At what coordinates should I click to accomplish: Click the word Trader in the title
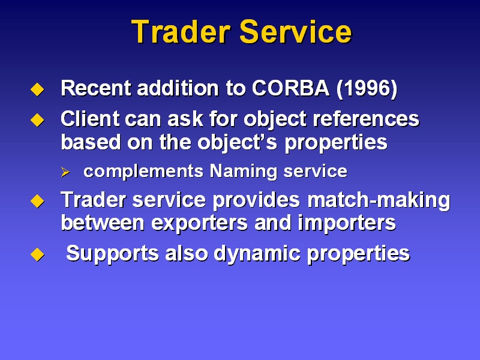tap(181, 32)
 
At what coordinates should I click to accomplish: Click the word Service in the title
tap(296, 32)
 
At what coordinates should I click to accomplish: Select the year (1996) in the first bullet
tap(367, 89)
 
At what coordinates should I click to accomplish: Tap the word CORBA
tap(291, 88)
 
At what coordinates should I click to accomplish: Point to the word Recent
tap(96, 88)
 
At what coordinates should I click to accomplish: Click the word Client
tap(89, 118)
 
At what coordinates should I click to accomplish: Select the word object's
tap(237, 143)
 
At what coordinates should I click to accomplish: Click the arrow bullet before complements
tap(65, 172)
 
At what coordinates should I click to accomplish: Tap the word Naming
tap(244, 172)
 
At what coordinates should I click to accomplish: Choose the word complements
tap(143, 172)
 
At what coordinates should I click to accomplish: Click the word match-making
tap(379, 200)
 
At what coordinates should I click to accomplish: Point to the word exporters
tap(199, 223)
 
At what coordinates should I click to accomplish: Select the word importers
tap(347, 223)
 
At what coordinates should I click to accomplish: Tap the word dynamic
tap(257, 254)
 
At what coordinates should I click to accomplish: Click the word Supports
tap(112, 254)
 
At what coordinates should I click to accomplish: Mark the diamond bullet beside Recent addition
tap(37, 89)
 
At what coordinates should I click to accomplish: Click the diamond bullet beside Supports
tap(37, 254)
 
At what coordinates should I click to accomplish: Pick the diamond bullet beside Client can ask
tap(37, 119)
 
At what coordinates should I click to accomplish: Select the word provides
tap(256, 200)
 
